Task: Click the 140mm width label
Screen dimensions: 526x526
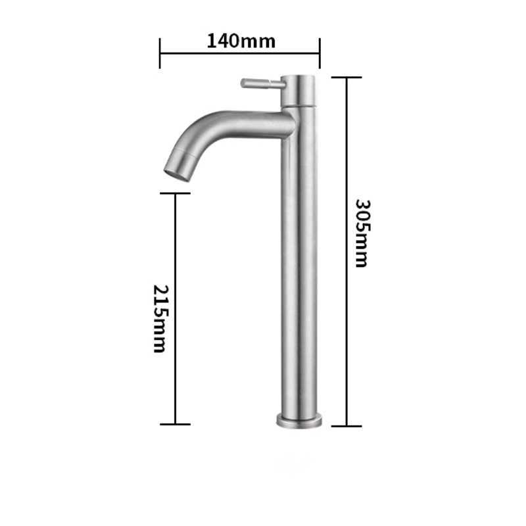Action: click(241, 41)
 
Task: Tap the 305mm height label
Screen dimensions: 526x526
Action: click(360, 233)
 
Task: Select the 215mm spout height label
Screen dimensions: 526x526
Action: click(160, 318)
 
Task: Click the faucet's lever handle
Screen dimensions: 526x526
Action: click(262, 84)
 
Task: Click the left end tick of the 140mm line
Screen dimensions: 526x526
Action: click(160, 53)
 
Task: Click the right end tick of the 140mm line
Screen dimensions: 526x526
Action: click(320, 53)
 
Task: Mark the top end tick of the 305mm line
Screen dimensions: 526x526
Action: click(346, 78)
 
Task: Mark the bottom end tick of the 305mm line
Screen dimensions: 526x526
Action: click(346, 425)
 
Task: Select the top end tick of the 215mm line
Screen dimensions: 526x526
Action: click(176, 193)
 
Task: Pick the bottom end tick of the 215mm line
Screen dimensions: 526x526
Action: click(176, 424)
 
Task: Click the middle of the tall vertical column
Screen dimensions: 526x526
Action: click(299, 263)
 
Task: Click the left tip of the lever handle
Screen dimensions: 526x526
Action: click(243, 83)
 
